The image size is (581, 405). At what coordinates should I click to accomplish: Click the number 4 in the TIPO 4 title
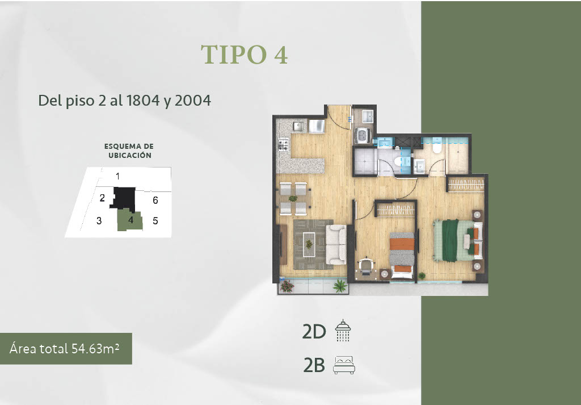coord(281,55)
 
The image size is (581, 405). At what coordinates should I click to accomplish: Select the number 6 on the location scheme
coord(155,201)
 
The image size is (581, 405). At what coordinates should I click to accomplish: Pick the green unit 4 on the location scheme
coord(130,220)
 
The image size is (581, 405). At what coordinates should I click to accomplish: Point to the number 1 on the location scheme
coord(117,176)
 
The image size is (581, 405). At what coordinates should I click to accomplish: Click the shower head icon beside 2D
coord(343,331)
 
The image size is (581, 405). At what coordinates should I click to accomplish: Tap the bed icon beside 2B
coord(344,365)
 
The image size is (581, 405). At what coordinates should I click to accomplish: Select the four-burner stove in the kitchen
coord(284,145)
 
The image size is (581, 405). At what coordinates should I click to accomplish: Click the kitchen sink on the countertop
coord(298,127)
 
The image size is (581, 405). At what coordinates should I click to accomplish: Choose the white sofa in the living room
coord(336,244)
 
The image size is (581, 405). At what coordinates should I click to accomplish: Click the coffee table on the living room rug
coord(309,244)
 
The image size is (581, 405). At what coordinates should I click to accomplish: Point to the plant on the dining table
coord(293,198)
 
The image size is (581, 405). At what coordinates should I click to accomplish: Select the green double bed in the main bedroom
coord(458,241)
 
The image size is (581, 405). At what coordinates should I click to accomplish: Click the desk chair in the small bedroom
coord(366,265)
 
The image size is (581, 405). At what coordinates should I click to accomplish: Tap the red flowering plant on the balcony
coord(287,286)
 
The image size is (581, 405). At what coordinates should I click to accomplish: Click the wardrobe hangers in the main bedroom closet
coord(466,185)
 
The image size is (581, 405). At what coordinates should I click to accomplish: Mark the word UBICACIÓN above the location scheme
coord(130,156)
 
